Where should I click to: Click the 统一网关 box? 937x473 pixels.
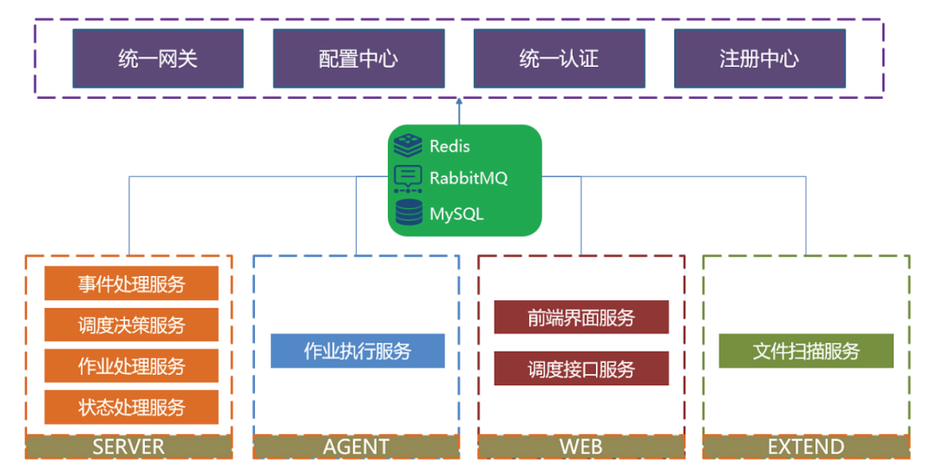tap(158, 58)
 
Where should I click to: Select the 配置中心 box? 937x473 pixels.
tap(358, 58)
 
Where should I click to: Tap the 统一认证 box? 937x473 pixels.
tap(559, 58)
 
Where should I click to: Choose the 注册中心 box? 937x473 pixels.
tap(759, 58)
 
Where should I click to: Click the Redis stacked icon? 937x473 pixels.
tap(408, 145)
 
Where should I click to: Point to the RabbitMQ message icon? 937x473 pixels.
tap(408, 178)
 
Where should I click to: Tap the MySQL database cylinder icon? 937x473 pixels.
tap(408, 212)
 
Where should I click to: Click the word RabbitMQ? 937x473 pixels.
tap(468, 178)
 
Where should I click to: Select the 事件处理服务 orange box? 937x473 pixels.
tap(131, 284)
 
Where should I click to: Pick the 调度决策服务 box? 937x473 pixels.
tap(131, 325)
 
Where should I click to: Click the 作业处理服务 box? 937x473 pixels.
tap(131, 365)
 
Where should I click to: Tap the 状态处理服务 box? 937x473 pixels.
tap(131, 406)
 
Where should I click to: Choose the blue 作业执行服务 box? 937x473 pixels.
tap(357, 351)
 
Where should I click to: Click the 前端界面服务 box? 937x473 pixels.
tap(581, 317)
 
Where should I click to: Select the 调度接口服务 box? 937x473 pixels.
tap(581, 368)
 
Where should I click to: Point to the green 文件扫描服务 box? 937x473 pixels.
tap(806, 351)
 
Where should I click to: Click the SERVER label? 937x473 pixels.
tap(128, 447)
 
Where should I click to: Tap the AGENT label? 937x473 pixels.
tap(356, 447)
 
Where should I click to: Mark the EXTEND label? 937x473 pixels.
tap(806, 447)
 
